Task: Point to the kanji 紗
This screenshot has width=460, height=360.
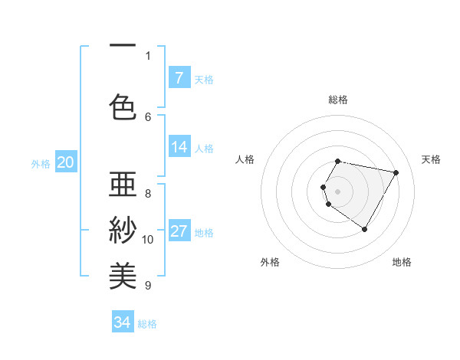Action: tap(123, 230)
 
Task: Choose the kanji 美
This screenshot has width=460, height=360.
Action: tap(123, 273)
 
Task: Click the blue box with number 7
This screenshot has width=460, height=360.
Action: tap(179, 78)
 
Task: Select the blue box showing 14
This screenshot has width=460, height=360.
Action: tap(179, 147)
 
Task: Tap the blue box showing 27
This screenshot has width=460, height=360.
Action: tap(179, 232)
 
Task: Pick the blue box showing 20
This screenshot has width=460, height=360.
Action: tap(66, 162)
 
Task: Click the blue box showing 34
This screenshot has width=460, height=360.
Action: tap(123, 322)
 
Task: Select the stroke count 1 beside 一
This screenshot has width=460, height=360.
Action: tap(148, 55)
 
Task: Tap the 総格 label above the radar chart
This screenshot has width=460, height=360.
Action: tap(338, 100)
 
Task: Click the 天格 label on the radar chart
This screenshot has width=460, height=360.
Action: tap(431, 159)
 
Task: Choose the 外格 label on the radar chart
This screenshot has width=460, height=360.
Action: tap(270, 262)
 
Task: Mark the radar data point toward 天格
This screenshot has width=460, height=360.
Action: tap(396, 172)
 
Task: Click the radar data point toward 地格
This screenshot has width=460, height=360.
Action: tap(364, 229)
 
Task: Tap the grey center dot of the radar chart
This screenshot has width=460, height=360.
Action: tap(338, 191)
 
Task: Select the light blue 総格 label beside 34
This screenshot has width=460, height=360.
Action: tap(147, 324)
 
